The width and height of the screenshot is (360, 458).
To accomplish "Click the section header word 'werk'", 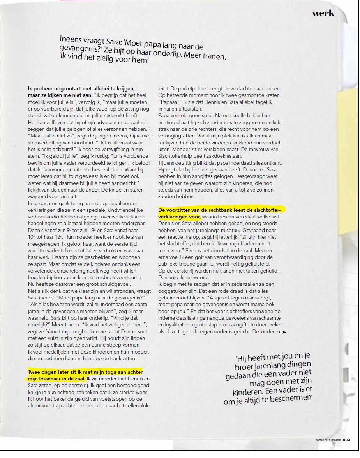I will click(323, 13).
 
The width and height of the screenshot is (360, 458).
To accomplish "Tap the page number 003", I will click(346, 440).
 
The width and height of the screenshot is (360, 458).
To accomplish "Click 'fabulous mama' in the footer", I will click(328, 440).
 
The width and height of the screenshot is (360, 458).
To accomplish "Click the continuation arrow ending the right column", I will click(284, 332).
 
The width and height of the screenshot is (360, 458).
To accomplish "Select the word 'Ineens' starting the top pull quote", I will click(71, 40).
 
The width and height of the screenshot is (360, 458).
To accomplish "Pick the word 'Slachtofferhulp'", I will click(177, 156).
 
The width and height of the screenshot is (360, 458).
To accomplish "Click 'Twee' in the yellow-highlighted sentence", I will click(35, 372).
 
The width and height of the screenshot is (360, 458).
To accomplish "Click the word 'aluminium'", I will click(40, 406).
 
